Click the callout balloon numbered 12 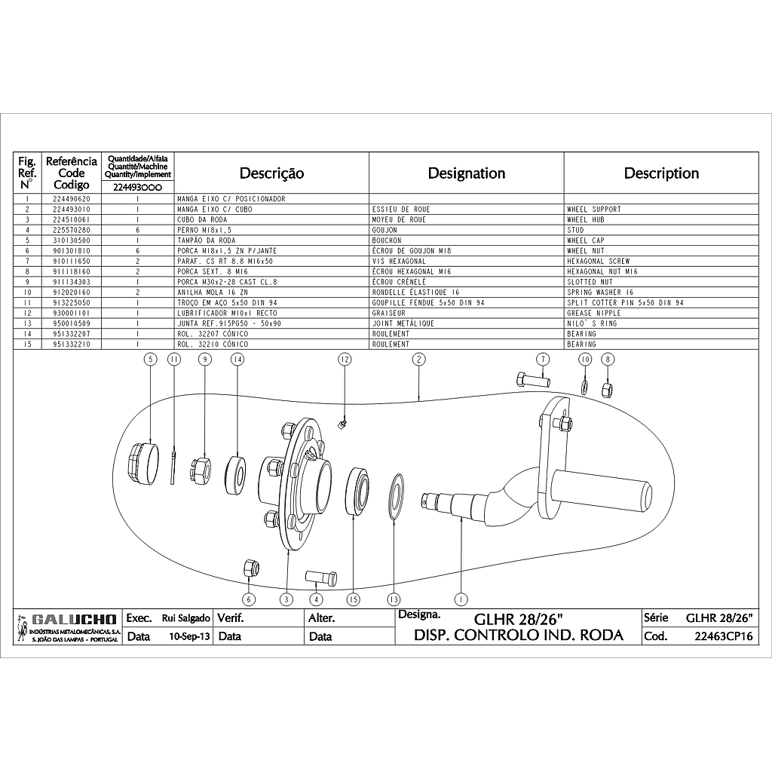click(x=345, y=360)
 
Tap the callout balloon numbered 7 click(x=541, y=360)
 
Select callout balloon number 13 click(x=393, y=599)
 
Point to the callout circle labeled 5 click(x=151, y=360)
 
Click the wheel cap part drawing click(x=143, y=461)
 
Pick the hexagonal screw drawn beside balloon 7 click(x=533, y=380)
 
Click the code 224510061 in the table click(x=72, y=219)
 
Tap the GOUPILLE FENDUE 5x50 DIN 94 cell click(x=428, y=302)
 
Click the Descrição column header click(x=271, y=173)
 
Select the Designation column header click(x=467, y=173)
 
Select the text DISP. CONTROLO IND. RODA click(x=519, y=635)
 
